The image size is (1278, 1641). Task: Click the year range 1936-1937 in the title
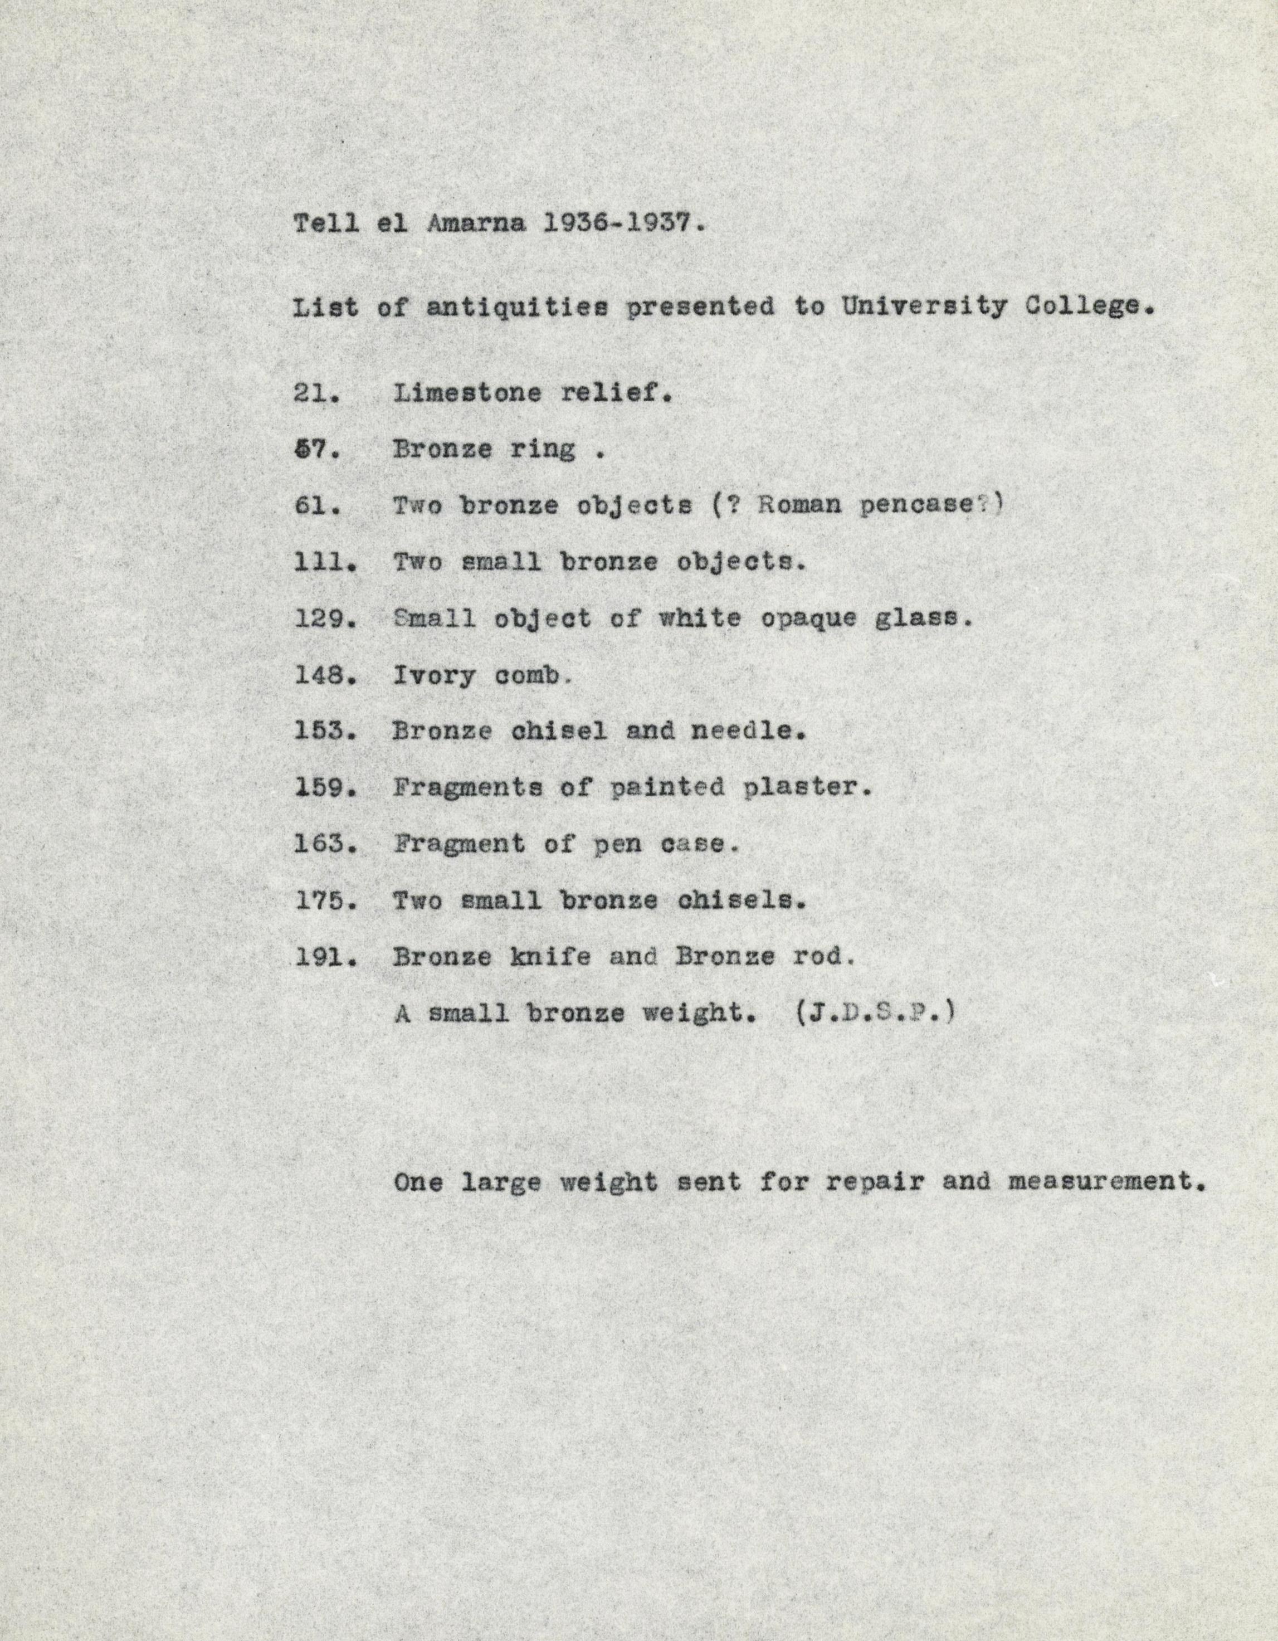click(x=625, y=224)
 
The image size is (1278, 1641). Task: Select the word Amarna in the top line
click(x=476, y=224)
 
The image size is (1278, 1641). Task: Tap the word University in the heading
click(x=923, y=306)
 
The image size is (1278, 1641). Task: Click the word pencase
click(x=925, y=506)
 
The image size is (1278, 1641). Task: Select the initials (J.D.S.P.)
click(x=875, y=1013)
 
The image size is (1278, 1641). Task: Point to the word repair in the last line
click(x=874, y=1182)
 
